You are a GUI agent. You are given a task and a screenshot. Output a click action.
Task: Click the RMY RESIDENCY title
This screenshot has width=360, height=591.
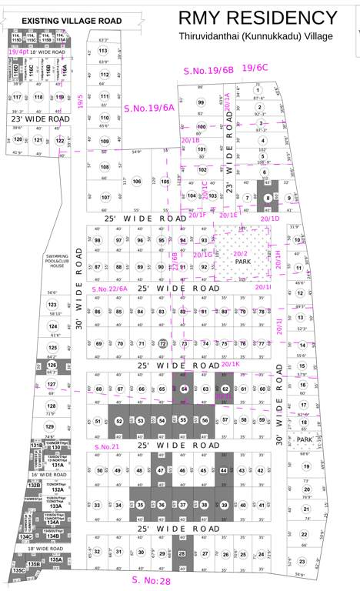(x=258, y=18)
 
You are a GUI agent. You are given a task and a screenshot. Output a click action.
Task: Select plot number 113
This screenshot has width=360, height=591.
(x=103, y=51)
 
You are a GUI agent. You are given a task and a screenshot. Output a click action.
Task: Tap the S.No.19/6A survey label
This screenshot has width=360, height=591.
(x=149, y=109)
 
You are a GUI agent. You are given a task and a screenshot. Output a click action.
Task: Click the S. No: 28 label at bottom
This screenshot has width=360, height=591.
(x=152, y=581)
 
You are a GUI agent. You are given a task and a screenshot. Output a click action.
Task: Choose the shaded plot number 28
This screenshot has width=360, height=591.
(x=182, y=553)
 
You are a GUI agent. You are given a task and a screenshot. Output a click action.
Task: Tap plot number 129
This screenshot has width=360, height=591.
(x=50, y=426)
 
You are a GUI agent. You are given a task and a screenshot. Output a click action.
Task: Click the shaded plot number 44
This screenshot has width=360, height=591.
(x=223, y=470)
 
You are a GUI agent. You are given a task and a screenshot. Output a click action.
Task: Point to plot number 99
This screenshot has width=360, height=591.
(x=201, y=102)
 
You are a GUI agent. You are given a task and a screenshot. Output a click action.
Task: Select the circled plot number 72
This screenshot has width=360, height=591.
(x=162, y=343)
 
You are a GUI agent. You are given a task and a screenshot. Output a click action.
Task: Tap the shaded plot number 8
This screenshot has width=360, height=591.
(x=268, y=198)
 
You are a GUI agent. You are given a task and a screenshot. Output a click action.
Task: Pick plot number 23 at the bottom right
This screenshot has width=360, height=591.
(x=302, y=562)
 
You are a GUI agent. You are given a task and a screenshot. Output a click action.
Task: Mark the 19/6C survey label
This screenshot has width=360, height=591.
(x=255, y=68)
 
